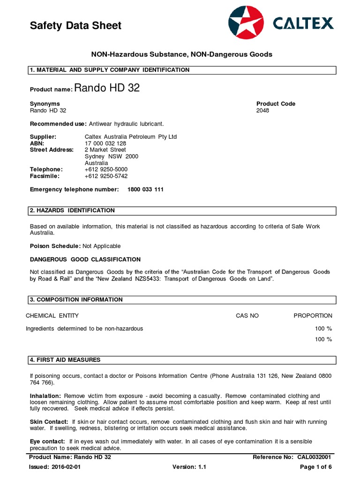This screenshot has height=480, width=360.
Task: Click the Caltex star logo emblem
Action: [x=246, y=22]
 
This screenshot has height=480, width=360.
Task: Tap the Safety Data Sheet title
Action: [x=75, y=26]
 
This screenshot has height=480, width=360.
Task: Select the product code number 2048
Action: [x=263, y=111]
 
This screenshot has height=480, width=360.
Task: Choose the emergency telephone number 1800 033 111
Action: [x=145, y=190]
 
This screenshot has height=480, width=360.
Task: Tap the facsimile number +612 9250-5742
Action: [x=106, y=176]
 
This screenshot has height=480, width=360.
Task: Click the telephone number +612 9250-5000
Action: [x=106, y=169]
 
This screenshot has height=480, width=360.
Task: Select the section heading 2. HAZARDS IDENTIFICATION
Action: [x=72, y=210]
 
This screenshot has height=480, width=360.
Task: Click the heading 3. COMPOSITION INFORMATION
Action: [x=76, y=300]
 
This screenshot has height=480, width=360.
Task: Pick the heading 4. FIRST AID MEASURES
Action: [x=65, y=360]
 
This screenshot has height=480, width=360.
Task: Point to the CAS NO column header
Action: [x=247, y=316]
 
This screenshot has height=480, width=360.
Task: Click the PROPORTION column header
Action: [x=313, y=316]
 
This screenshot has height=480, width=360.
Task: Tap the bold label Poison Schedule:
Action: [x=55, y=246]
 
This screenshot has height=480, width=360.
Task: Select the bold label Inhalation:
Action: [x=45, y=396]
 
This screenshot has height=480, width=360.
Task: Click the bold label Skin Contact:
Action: [x=49, y=422]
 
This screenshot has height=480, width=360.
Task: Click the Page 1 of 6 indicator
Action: [x=316, y=467]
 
